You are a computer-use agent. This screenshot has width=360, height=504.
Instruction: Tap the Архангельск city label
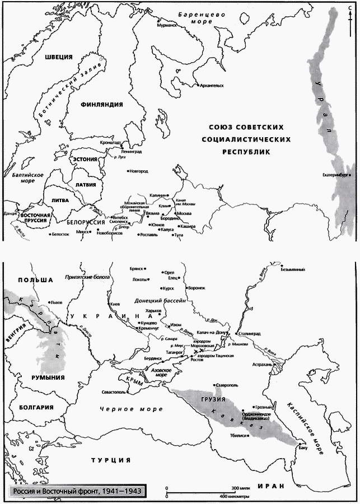(x=212, y=86)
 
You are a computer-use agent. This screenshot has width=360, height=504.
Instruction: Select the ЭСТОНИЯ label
(x=85, y=160)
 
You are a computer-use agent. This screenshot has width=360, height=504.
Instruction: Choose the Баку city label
(x=303, y=447)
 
